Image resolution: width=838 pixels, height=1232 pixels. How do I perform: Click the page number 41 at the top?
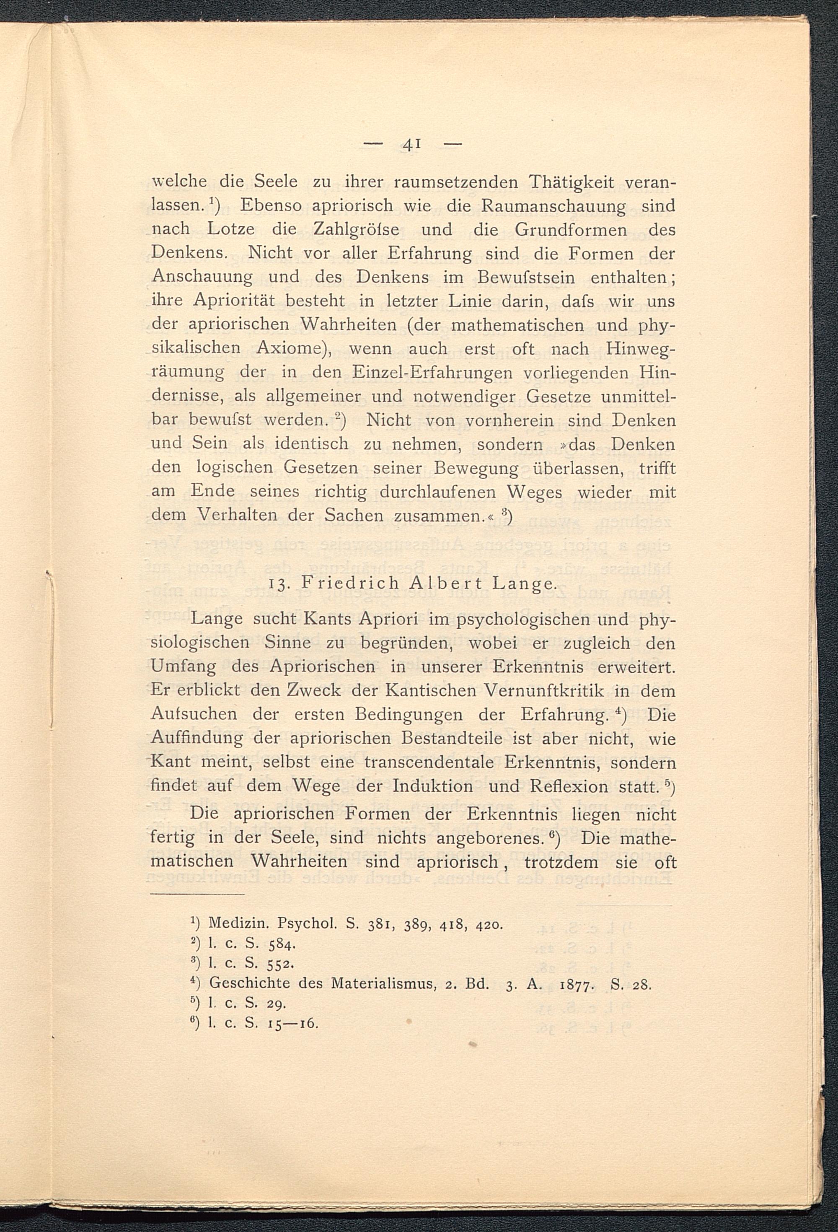pyautogui.click(x=411, y=144)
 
